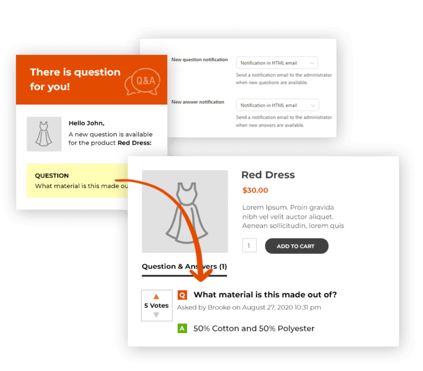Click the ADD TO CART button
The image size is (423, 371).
[x=296, y=246]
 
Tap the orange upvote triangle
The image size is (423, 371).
[x=156, y=296]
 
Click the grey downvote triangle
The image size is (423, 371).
[x=156, y=315]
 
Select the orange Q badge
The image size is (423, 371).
[x=182, y=295]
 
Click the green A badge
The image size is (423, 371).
[x=182, y=328]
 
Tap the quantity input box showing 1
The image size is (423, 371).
[x=250, y=245]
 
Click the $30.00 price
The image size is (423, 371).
[x=255, y=190]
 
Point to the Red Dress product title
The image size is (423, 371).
[x=268, y=175]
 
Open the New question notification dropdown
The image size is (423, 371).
[x=277, y=63]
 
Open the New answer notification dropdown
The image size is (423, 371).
[x=278, y=105]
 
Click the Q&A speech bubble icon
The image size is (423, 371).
[x=143, y=81]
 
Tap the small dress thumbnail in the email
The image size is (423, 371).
[x=44, y=134]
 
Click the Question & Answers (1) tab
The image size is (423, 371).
[x=185, y=267]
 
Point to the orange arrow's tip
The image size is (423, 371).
[x=201, y=281]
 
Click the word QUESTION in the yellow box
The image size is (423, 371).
[x=52, y=175]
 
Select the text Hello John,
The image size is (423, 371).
[x=86, y=123]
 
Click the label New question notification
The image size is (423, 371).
[x=199, y=59]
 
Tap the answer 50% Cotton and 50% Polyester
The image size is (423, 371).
[x=254, y=329]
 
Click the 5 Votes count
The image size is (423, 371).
[x=156, y=306]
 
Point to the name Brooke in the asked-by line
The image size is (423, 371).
[x=219, y=307]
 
